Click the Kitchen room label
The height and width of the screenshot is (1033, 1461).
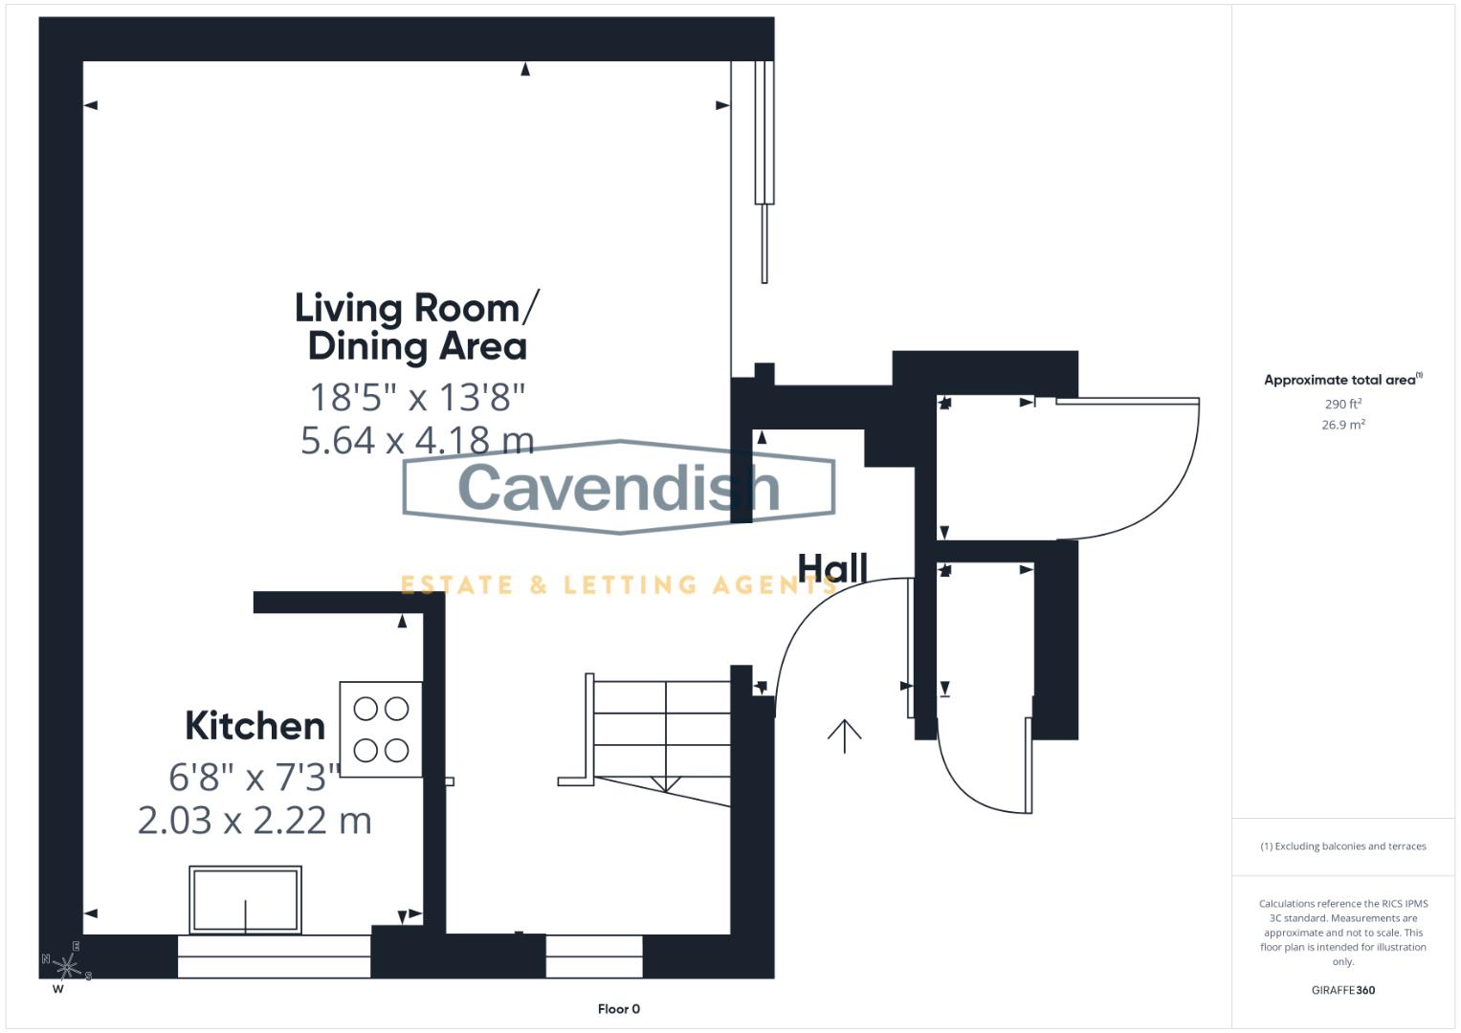tap(255, 725)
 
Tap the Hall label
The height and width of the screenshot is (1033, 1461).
tap(833, 567)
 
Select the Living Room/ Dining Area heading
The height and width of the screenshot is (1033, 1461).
tap(417, 327)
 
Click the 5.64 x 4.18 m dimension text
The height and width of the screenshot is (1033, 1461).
tap(417, 440)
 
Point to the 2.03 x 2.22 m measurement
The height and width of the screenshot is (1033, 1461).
tap(255, 821)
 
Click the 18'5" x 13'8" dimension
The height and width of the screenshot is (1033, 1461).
tap(417, 397)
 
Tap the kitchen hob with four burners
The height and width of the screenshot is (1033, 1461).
tap(381, 729)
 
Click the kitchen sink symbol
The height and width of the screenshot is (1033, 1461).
tap(245, 899)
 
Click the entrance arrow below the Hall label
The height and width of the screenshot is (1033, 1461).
tap(845, 736)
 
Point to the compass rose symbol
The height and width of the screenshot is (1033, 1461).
tap(67, 966)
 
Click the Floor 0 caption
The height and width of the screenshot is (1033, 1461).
tap(619, 1009)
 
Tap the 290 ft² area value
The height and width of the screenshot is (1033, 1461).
tap(1343, 404)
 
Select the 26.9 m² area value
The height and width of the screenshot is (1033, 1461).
tap(1343, 425)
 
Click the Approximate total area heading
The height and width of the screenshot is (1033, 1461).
tap(1343, 380)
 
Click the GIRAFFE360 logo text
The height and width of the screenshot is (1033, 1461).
tap(1343, 990)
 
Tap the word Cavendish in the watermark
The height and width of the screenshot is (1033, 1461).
tap(618, 487)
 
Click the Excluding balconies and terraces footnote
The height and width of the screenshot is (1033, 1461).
tap(1343, 846)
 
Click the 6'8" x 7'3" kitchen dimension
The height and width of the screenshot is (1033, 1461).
tap(255, 778)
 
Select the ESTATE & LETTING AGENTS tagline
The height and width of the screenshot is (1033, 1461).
tap(618, 585)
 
